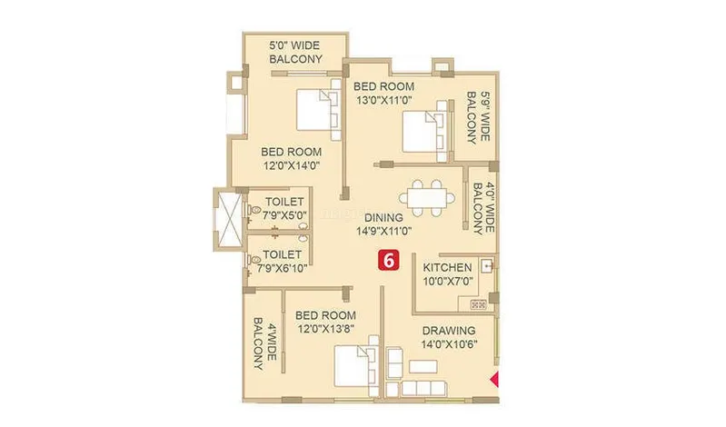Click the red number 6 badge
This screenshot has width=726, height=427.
point(389,260)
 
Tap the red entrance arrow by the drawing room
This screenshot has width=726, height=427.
point(495,379)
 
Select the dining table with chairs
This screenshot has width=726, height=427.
point(426,198)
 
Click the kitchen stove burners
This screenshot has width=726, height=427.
point(478,304)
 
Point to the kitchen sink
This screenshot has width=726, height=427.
point(487,266)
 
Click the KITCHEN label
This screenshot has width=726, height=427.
point(447,268)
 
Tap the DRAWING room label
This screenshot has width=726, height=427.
point(449,331)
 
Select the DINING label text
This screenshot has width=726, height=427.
point(383,217)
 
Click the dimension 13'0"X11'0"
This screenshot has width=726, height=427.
point(383,100)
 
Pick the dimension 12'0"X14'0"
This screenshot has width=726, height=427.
point(292,165)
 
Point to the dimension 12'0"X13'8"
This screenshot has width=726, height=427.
point(326,329)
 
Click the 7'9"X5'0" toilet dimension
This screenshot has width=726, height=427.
point(284,215)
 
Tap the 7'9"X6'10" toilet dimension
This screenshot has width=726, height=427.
point(282,268)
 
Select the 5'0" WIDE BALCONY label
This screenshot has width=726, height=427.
point(295,53)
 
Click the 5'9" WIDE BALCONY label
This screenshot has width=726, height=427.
point(478,117)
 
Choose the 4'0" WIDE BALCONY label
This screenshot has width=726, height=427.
point(483,208)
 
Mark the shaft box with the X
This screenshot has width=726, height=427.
point(230,219)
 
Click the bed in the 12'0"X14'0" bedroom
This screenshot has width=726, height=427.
point(319,109)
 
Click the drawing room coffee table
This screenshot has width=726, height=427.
point(423,366)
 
